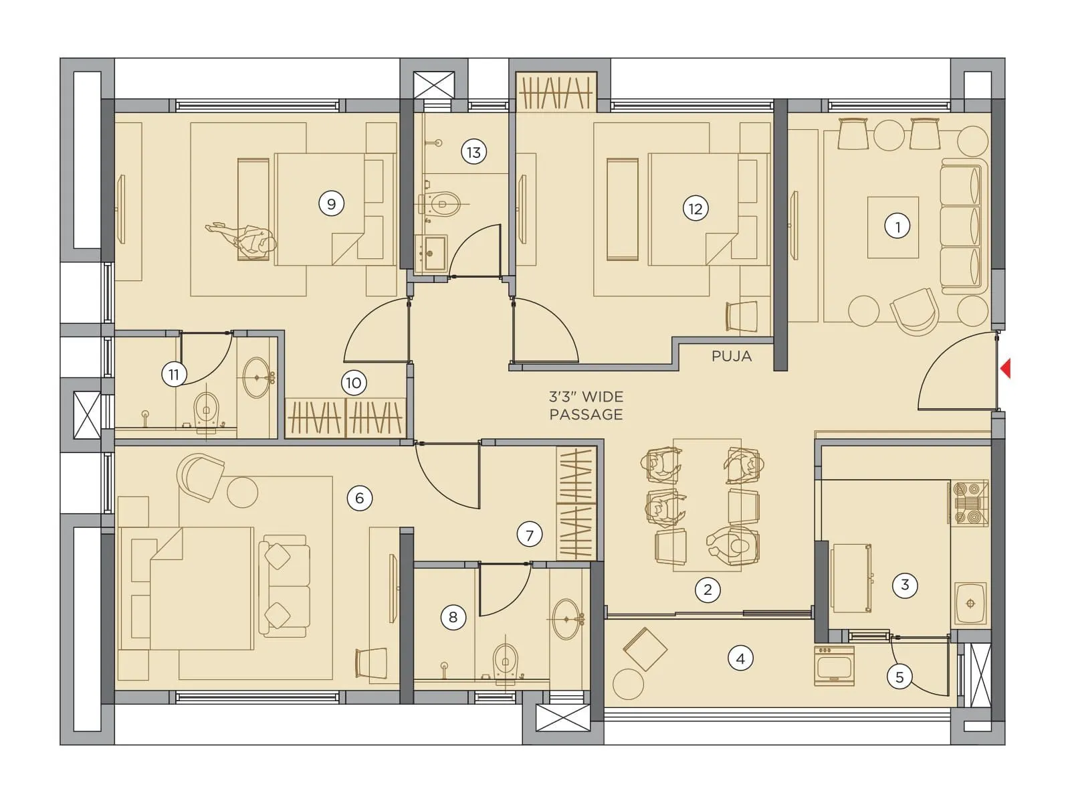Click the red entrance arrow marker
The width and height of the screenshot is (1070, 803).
[x=1005, y=369]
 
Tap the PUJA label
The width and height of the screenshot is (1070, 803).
[x=732, y=356]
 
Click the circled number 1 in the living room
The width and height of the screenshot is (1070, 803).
[x=897, y=226]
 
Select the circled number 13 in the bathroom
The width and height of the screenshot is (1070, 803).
[x=473, y=153]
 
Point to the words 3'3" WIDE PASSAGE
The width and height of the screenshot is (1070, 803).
[x=586, y=406]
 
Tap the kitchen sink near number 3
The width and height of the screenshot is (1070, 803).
[x=970, y=603]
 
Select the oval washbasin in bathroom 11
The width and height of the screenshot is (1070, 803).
[x=257, y=377]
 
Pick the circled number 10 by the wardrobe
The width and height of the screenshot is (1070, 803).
[x=353, y=383]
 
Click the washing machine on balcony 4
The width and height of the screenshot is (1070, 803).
[x=834, y=666]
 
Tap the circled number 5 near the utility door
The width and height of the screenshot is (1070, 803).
[x=899, y=677]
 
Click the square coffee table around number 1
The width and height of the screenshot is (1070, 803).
[x=893, y=228]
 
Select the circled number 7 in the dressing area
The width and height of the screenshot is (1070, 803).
[x=529, y=535]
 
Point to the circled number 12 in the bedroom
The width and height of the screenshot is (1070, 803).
[x=695, y=209]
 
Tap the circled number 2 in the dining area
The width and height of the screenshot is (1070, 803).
[x=708, y=590]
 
